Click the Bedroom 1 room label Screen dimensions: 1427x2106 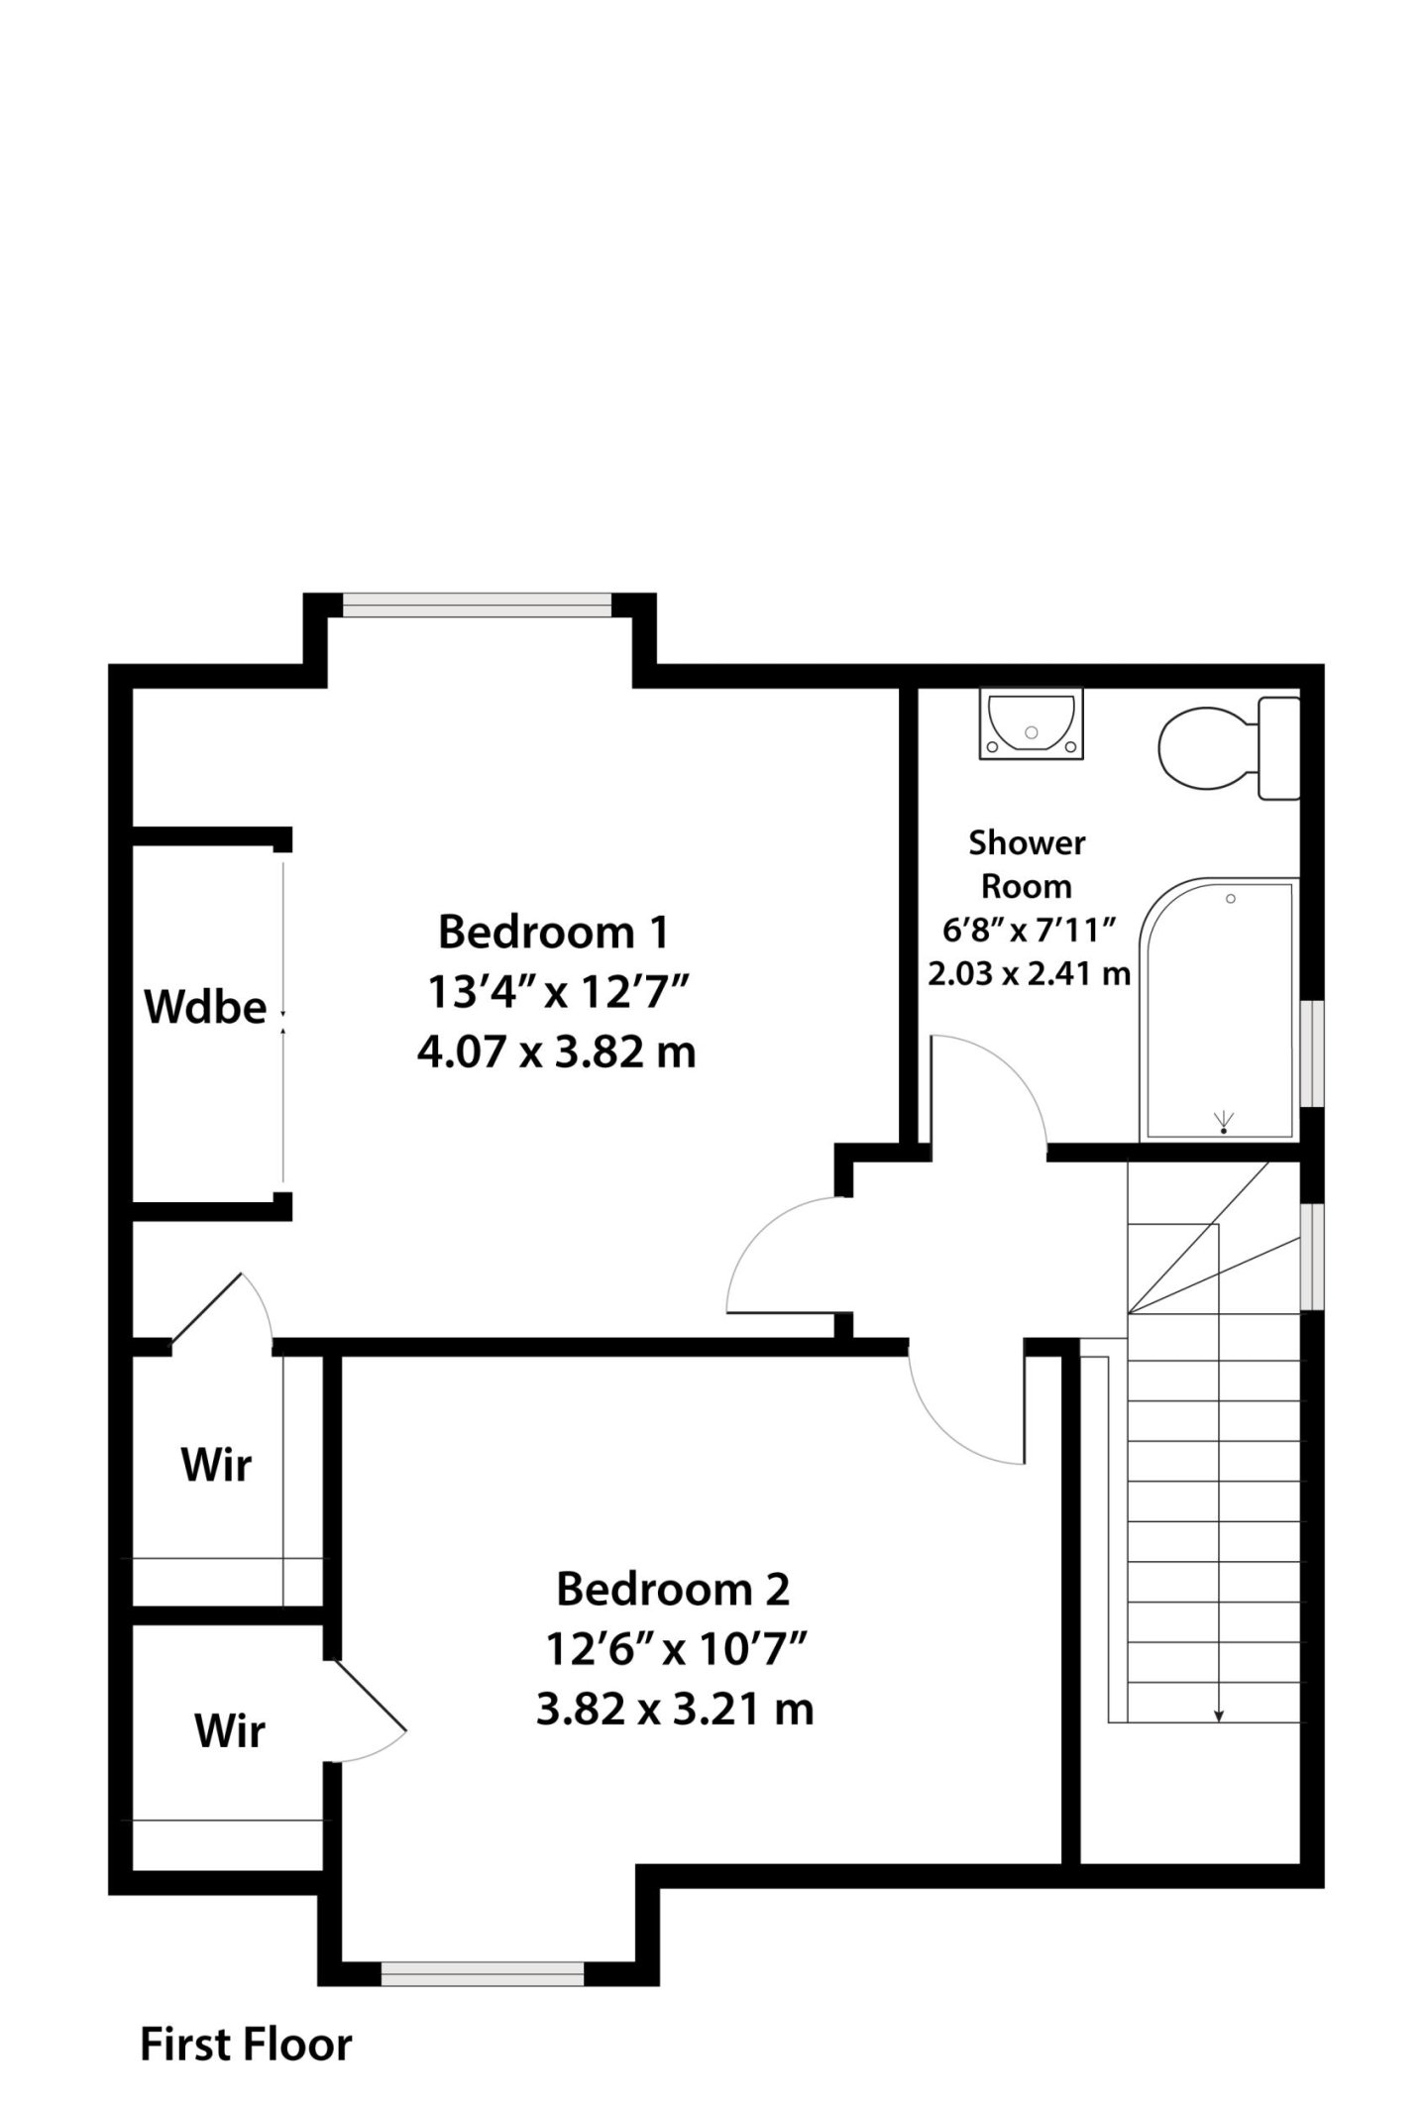553,932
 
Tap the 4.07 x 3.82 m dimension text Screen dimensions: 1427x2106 556,1052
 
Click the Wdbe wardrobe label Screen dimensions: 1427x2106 205,1008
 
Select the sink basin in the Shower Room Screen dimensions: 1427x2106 1031,724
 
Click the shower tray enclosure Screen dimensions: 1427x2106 1219,1009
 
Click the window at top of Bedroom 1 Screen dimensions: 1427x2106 477,605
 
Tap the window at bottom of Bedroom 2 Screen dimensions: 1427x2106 483,1946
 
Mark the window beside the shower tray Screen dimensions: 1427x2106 1312,1053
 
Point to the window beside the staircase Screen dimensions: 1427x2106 1312,1256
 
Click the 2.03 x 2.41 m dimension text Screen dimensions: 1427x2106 1029,973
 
